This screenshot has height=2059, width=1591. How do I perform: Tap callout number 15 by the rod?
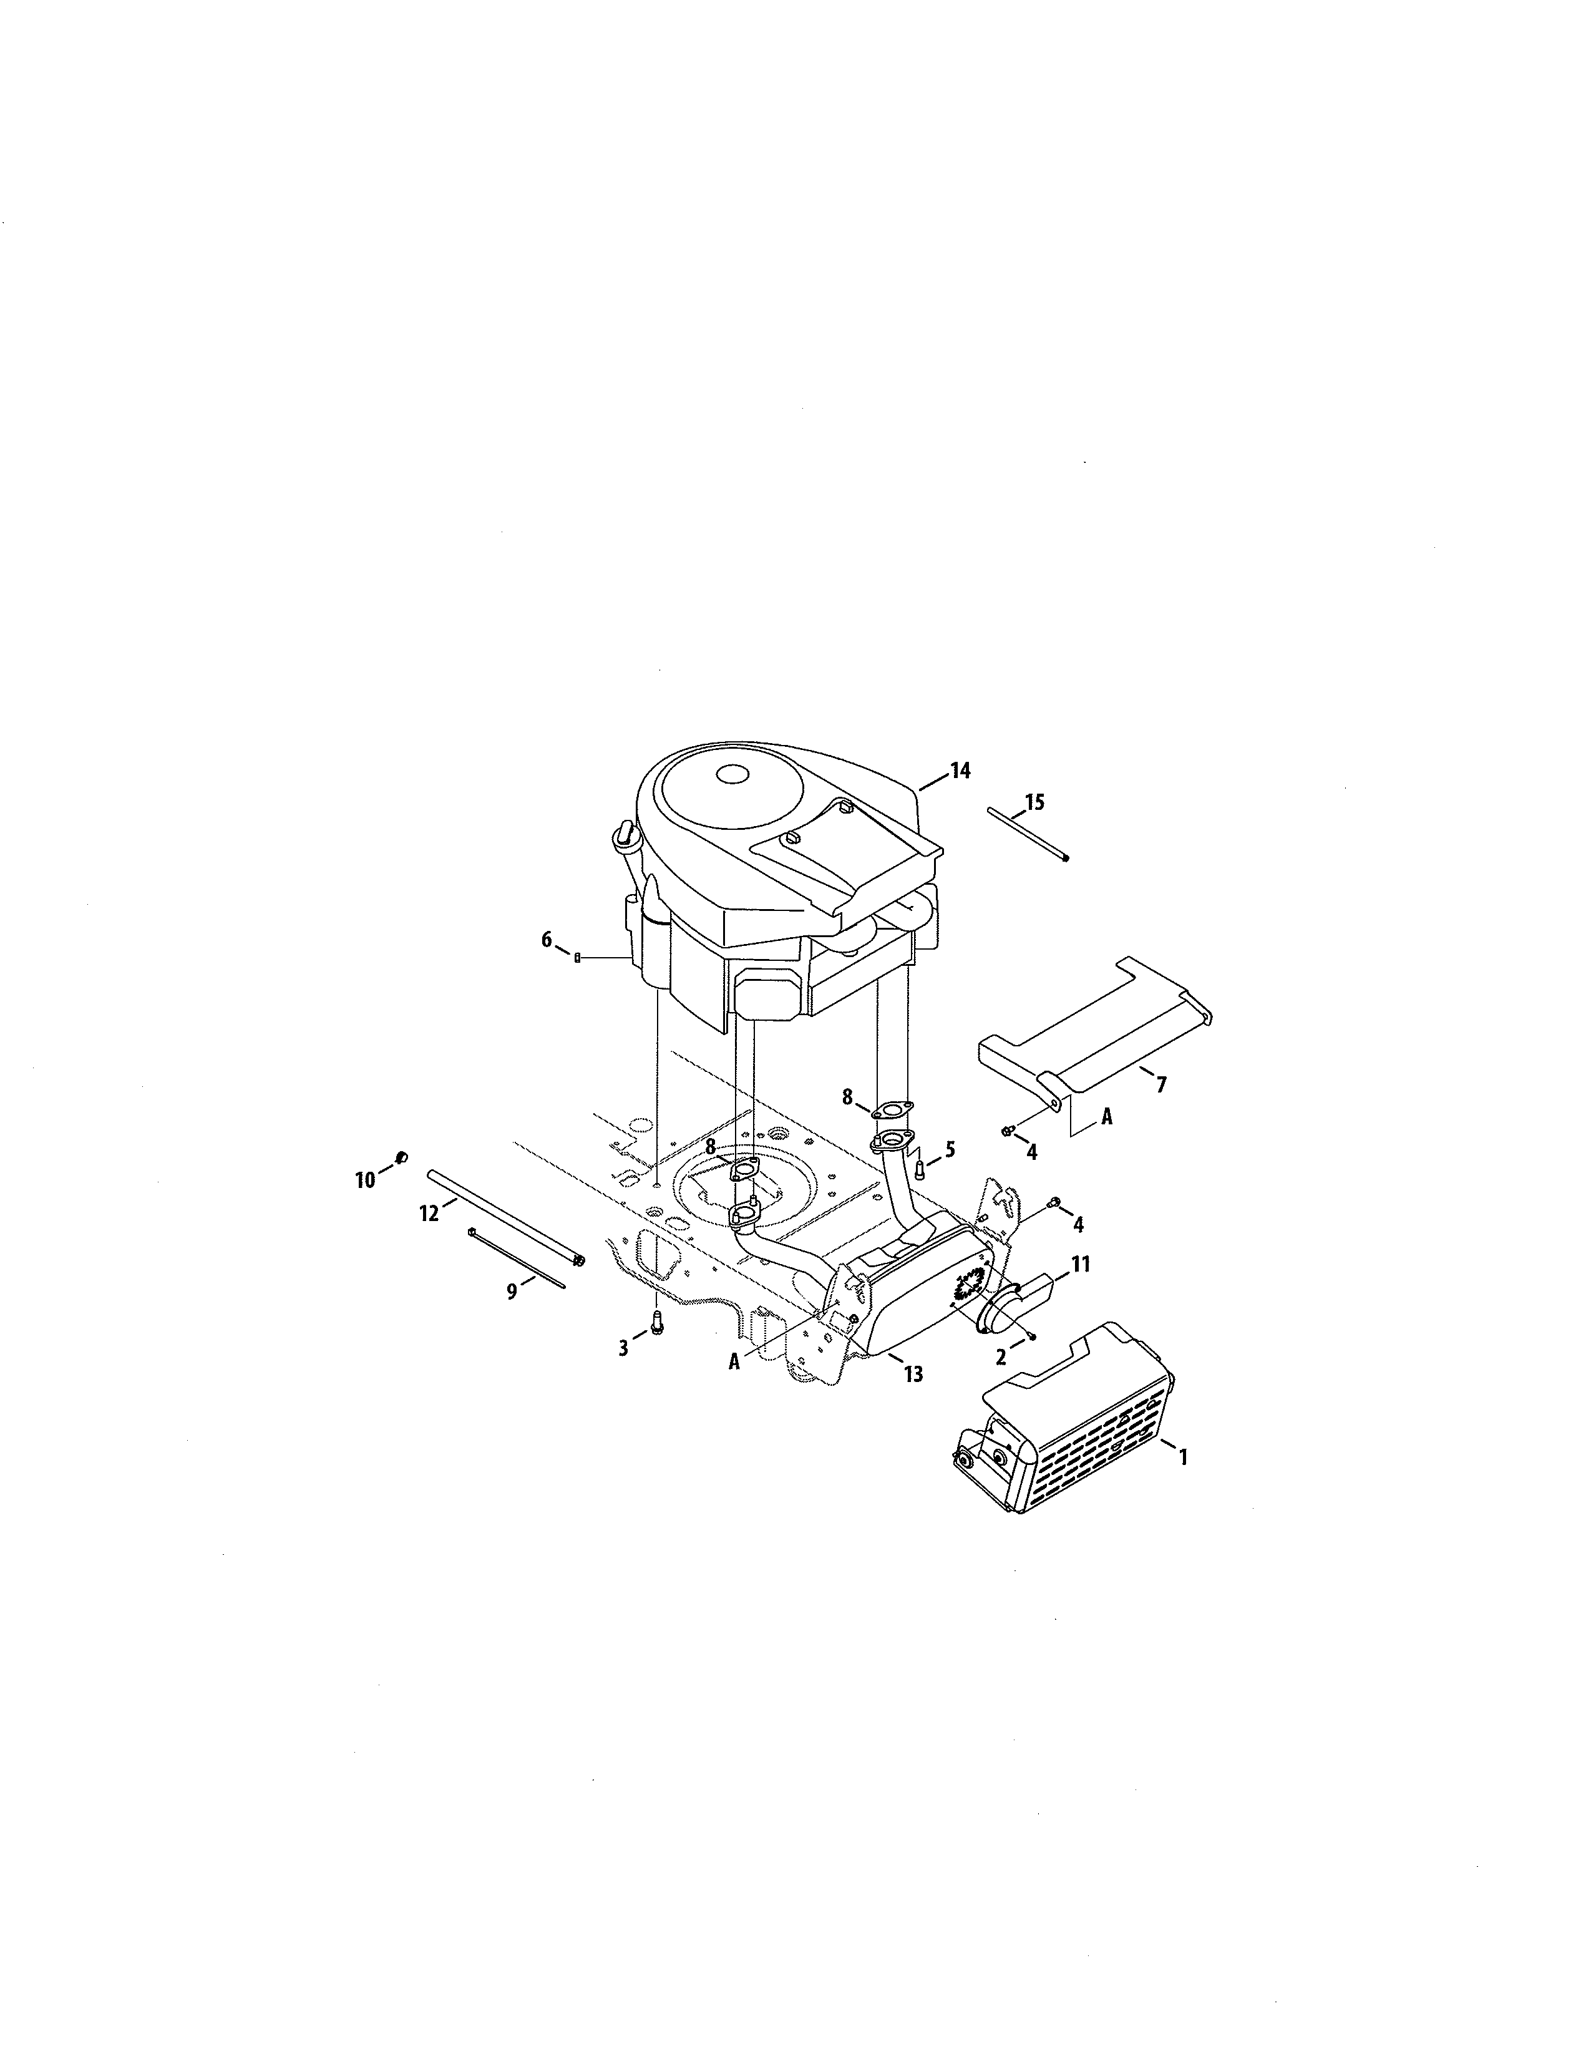(x=1035, y=802)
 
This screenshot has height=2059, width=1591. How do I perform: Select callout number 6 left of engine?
(x=547, y=940)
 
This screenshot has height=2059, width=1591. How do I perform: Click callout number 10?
(x=365, y=1179)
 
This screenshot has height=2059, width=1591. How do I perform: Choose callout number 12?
(x=429, y=1214)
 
